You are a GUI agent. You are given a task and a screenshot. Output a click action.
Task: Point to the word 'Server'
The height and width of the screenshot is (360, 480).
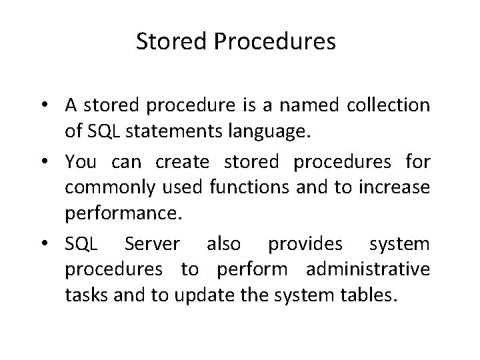point(151,245)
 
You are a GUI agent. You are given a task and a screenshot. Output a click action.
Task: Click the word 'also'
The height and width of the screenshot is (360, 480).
point(223,245)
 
